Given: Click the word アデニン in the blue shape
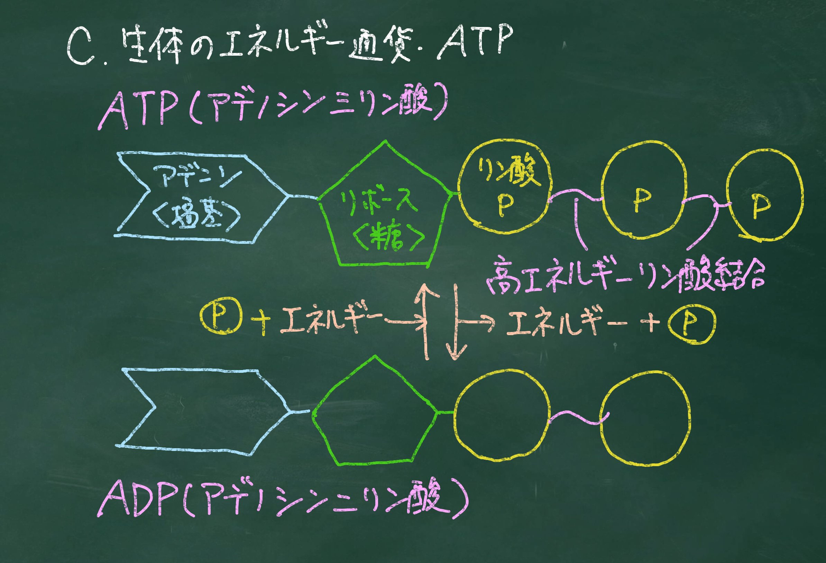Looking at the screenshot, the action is pyautogui.click(x=197, y=176).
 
